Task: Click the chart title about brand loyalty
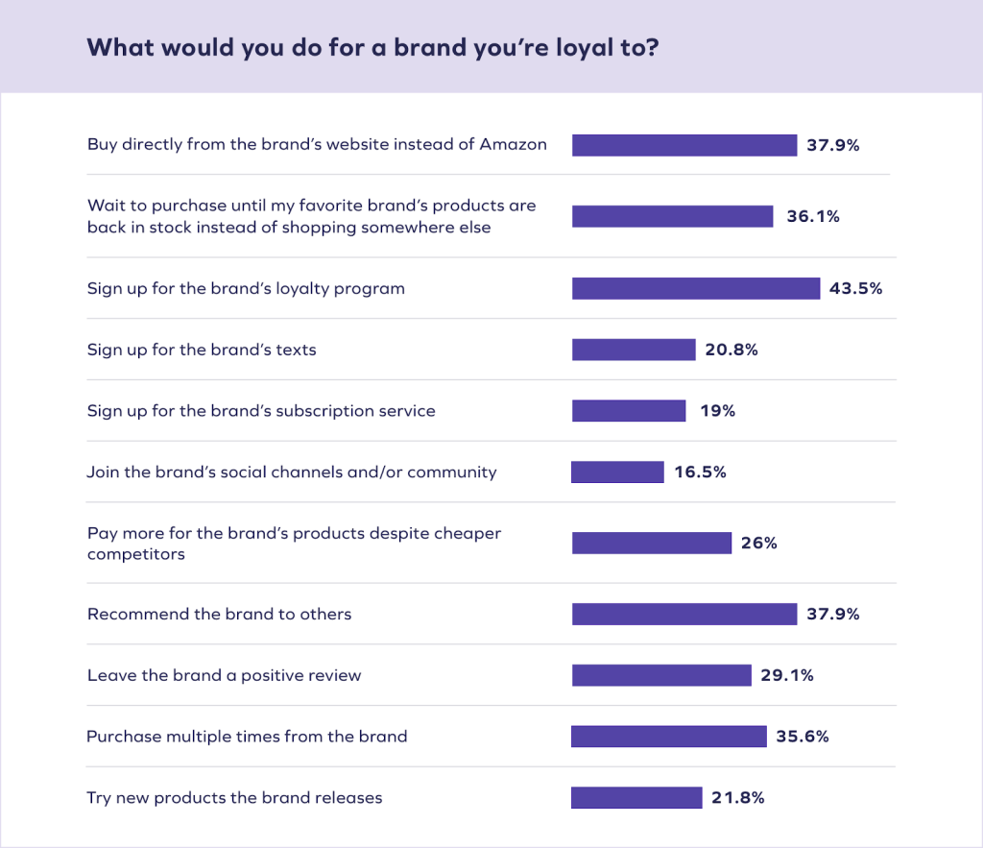372,48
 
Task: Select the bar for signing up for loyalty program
696,288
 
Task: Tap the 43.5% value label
855,288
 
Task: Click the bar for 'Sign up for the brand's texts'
634,350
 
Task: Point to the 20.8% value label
731,350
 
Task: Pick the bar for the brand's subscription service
629,411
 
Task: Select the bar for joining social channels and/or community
617,472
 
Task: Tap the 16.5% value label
700,472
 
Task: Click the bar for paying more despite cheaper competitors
652,544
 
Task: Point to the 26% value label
758,544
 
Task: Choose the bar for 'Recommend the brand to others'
684,614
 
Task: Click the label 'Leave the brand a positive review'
224,675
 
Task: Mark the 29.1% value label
787,675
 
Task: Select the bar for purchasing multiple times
669,737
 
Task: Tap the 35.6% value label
803,737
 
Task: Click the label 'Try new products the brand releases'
234,798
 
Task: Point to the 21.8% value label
738,798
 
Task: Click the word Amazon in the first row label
513,145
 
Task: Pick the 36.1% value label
813,216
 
